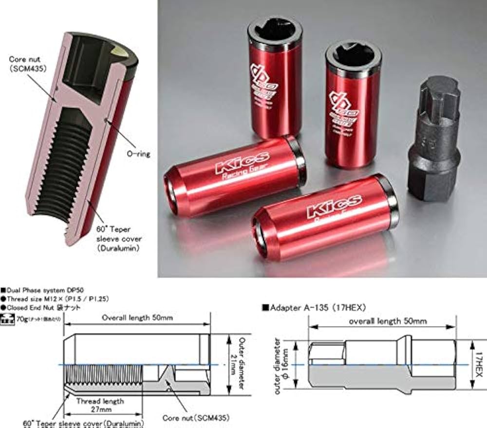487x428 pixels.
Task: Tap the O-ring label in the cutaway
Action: click(139, 154)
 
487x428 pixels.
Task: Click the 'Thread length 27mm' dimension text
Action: click(100, 405)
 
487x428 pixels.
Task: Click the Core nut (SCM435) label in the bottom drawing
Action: click(196, 418)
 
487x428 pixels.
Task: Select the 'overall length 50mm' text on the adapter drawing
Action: click(388, 321)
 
